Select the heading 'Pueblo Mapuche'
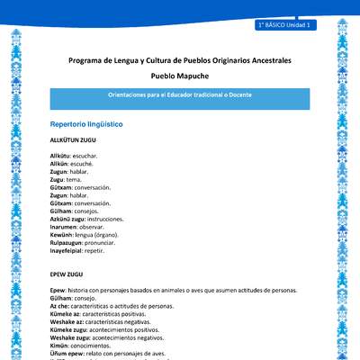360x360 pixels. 180,77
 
